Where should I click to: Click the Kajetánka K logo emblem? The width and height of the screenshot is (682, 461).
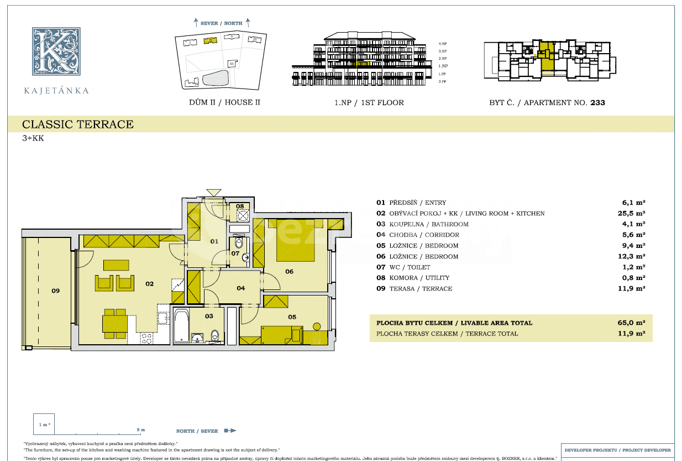[56, 50]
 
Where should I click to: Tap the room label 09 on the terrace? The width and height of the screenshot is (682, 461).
[55, 291]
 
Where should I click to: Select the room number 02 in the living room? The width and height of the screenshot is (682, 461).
[149, 284]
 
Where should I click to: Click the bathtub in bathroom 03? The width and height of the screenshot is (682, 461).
[181, 326]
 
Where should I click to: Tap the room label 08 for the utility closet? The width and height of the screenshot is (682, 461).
[240, 206]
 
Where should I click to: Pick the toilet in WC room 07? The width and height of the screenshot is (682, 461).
[239, 243]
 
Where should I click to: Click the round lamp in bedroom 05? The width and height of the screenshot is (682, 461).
[317, 327]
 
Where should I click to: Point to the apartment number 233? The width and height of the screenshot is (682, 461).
[597, 102]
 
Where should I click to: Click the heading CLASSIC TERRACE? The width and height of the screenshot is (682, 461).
[78, 125]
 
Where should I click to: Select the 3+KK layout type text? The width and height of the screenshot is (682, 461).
[33, 138]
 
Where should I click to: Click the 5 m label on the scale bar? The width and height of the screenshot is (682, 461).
[140, 430]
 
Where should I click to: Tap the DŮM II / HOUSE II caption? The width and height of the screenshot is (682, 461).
[224, 102]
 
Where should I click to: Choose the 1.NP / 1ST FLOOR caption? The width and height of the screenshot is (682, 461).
[369, 102]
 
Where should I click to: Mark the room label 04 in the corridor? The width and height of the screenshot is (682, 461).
[241, 288]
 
